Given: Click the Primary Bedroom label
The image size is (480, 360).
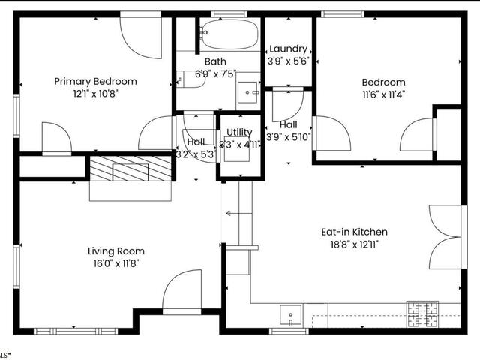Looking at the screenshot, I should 95,81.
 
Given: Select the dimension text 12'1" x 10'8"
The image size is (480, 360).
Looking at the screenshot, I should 95,94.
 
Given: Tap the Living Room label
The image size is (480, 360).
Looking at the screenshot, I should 116,251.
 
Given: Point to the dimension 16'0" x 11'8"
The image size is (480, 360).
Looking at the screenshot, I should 116,264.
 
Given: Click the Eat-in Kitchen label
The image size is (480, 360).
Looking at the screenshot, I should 355,232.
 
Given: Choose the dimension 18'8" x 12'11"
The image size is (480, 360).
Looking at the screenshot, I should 355,244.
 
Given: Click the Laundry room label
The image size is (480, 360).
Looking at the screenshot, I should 288,49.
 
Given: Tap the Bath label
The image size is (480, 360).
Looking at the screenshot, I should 215,61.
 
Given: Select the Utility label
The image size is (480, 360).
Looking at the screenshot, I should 239,132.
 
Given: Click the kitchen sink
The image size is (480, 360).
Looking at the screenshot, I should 290,313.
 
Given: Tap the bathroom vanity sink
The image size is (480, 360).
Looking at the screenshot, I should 249,92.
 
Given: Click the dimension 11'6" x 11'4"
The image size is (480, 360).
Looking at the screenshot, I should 383,94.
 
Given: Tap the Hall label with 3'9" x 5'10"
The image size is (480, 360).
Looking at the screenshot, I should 288,130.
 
